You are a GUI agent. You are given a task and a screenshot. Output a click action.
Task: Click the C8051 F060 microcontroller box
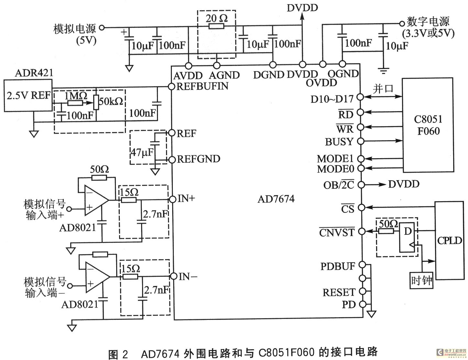click(x=428, y=125)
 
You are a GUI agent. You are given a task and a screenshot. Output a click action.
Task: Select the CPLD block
click(x=450, y=241)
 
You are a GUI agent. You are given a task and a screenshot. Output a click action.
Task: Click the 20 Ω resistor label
click(x=217, y=18)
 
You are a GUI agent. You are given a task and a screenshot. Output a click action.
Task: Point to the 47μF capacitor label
click(x=142, y=152)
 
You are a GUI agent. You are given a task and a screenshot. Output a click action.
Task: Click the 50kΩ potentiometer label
click(x=111, y=101)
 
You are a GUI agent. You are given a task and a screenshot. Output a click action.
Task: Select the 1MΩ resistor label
click(x=76, y=96)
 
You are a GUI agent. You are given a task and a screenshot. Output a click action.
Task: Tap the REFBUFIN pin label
click(x=203, y=86)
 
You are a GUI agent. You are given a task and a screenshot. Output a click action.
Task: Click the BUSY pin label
click(x=339, y=142)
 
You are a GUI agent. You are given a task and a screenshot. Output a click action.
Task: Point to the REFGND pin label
click(x=199, y=159)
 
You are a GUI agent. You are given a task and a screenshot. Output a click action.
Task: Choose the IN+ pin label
click(x=186, y=198)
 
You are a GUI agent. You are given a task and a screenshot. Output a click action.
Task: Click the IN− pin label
click(x=188, y=277)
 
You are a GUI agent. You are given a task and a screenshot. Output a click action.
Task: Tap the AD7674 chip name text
click(x=276, y=199)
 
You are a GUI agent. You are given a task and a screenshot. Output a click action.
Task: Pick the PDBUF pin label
click(x=338, y=266)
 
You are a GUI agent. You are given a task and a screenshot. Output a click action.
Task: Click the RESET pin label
click(x=339, y=292)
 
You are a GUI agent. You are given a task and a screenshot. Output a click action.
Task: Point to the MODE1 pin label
click(x=335, y=158)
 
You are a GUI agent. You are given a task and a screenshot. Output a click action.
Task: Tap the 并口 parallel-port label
click(x=383, y=88)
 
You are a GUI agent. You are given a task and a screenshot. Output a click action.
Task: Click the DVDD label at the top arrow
click(x=302, y=7)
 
